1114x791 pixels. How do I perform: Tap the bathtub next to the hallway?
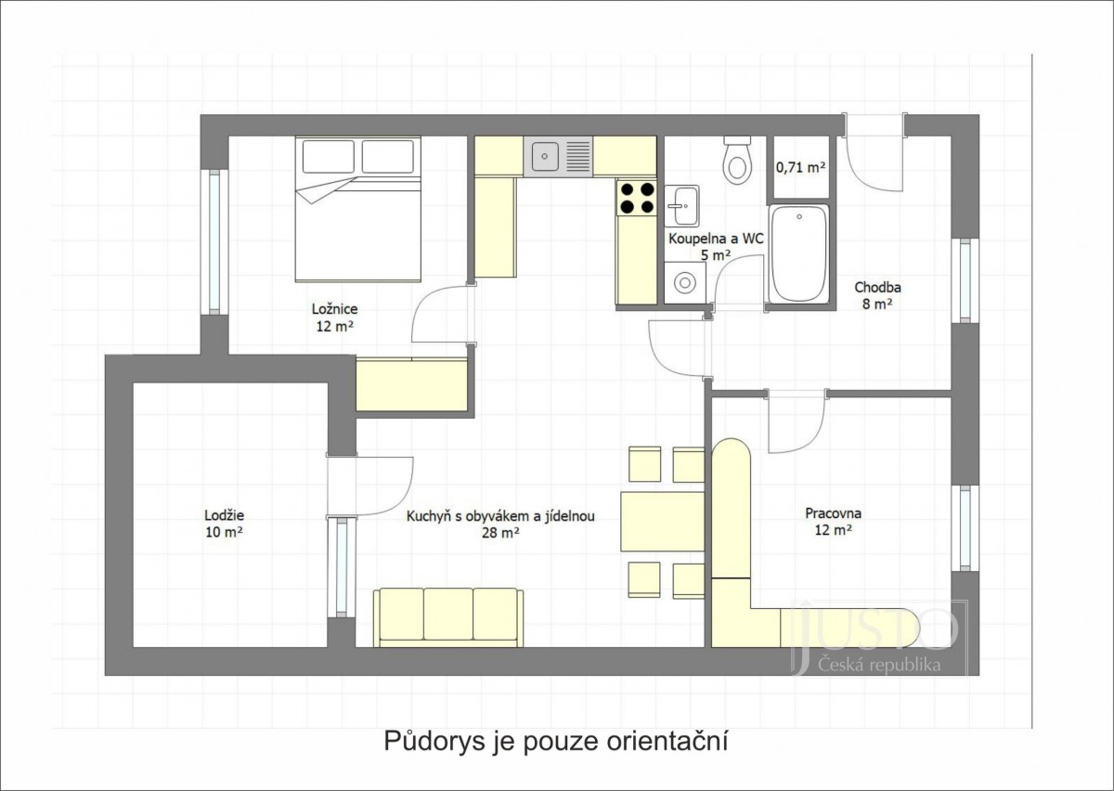(798, 253)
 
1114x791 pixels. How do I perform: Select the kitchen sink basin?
(545, 156)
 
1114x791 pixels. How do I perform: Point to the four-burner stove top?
(637, 198)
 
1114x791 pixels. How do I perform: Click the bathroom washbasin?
(681, 205)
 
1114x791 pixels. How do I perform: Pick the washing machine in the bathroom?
(685, 282)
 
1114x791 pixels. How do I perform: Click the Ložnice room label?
(335, 309)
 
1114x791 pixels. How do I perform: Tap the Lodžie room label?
(225, 515)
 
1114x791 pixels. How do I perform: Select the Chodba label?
(878, 287)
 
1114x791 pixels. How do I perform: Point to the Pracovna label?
(833, 512)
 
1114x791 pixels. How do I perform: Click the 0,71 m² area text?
(800, 168)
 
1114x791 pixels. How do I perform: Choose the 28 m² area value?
(500, 533)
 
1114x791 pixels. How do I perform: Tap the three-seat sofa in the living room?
(448, 617)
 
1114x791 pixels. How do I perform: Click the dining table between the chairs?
(663, 522)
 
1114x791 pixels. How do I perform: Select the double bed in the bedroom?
(358, 210)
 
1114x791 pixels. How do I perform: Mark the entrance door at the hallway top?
(874, 151)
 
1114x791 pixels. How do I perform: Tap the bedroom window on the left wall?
(214, 241)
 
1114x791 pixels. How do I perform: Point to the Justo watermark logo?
(878, 638)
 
